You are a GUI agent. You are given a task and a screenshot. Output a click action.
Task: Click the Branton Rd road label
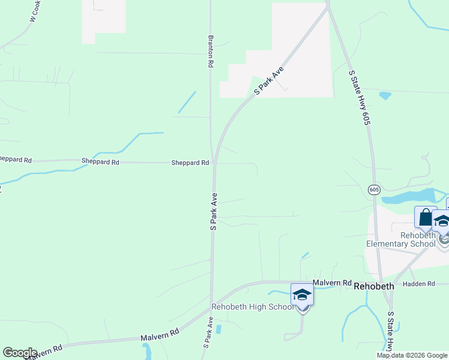pos(211,50)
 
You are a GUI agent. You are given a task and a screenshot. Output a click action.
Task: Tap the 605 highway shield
pos(374,190)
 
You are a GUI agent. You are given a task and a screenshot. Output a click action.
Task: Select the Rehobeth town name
pos(374,286)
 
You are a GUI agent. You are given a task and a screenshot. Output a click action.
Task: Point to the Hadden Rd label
pos(418,284)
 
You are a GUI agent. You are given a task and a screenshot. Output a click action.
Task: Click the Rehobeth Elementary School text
pos(401,239)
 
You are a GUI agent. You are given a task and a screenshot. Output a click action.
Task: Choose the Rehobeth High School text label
pos(253,307)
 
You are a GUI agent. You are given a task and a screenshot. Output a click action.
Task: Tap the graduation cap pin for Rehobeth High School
pos(302,295)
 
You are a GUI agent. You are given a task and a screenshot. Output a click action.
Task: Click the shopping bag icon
pos(425,217)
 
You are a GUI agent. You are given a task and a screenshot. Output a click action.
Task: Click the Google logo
pos(20,353)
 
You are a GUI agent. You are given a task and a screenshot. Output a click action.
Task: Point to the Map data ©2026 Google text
pos(411,355)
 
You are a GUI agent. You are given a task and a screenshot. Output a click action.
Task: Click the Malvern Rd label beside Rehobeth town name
pos(331,283)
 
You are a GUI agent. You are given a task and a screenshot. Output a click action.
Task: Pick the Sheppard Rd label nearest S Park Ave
pos(190,163)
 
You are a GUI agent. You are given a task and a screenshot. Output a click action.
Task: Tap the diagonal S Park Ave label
pos(268,81)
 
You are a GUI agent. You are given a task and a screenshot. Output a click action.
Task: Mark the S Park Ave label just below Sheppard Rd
pos(213,211)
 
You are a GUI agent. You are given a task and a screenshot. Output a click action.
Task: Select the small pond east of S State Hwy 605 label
pos(385,95)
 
